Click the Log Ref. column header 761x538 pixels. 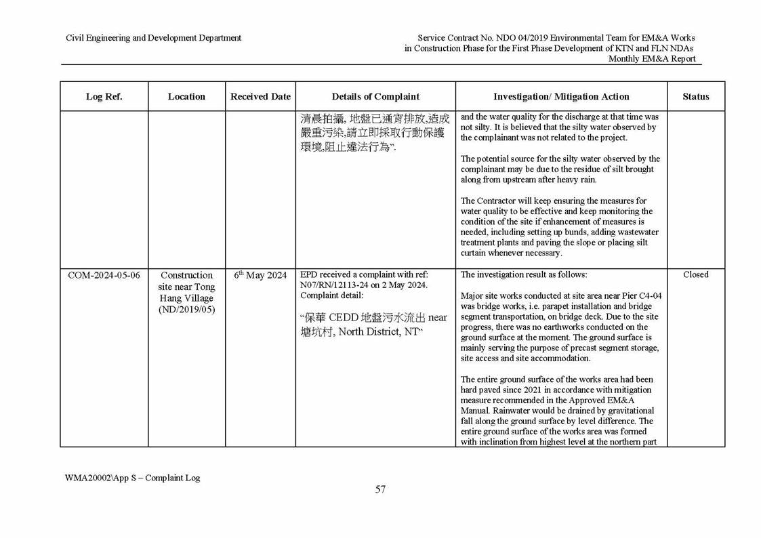[x=104, y=97]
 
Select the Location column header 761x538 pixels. [x=186, y=97]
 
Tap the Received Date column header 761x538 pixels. [x=260, y=97]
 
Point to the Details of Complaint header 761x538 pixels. [x=375, y=97]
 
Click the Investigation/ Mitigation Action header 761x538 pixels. [x=561, y=97]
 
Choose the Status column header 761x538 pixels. [x=695, y=97]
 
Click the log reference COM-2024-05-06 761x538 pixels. [x=104, y=275]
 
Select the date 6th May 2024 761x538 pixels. [x=260, y=275]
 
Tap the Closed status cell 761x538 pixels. [x=695, y=274]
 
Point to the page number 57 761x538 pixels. [x=380, y=490]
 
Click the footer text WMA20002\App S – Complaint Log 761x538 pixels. [x=132, y=478]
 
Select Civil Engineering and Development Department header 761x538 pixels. [x=153, y=38]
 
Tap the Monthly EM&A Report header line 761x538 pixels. [x=651, y=59]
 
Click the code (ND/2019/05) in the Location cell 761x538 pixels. [x=186, y=310]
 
